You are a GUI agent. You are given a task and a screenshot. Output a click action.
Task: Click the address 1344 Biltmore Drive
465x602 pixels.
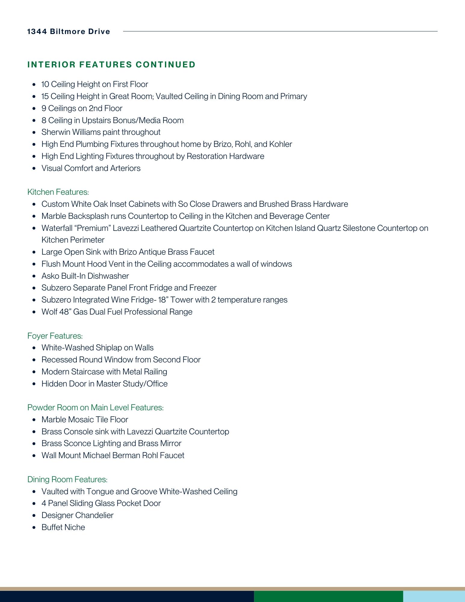pyautogui.click(x=69, y=32)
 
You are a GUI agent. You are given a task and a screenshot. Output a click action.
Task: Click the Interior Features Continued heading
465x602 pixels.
pyautogui.click(x=111, y=65)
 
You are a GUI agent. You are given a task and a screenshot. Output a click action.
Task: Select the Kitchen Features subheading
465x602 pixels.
pyautogui.click(x=58, y=192)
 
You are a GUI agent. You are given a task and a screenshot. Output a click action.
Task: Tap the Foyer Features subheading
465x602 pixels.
pyautogui.click(x=55, y=336)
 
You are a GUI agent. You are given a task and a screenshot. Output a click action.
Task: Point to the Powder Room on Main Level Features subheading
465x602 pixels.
pyautogui.click(x=95, y=408)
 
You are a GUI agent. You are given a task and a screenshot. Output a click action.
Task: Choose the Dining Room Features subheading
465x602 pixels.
pyautogui.click(x=67, y=479)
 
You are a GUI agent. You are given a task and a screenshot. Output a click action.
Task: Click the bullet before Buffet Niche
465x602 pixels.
pyautogui.click(x=35, y=528)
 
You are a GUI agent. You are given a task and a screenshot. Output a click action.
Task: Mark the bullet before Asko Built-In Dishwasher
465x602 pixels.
pyautogui.click(x=35, y=276)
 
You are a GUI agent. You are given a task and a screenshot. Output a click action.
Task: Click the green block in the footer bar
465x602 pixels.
pyautogui.click(x=328, y=596)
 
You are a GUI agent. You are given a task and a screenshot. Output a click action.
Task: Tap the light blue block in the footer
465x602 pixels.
pyautogui.click(x=434, y=596)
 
